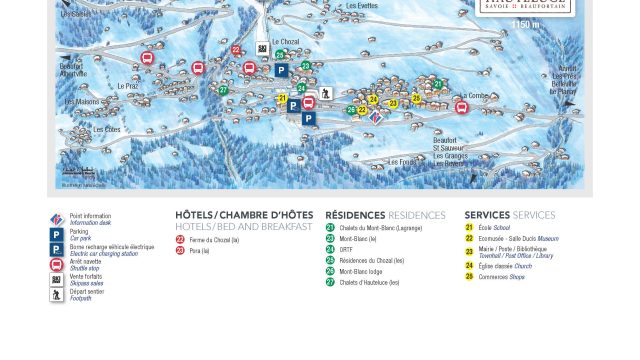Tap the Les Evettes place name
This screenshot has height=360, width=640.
[x=362, y=6]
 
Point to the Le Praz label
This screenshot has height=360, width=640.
[x=127, y=86]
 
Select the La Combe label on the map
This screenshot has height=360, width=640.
[x=474, y=95]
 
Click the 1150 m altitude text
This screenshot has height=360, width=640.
[x=525, y=24]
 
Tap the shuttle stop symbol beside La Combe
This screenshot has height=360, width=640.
[x=462, y=107]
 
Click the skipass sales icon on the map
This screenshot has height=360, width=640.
[x=262, y=48]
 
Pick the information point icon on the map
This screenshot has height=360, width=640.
[x=376, y=116]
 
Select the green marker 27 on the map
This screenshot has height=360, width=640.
[x=223, y=90]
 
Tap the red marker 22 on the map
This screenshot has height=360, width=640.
[x=236, y=49]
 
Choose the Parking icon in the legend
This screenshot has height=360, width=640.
[x=57, y=234]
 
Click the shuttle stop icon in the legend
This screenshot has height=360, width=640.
[x=57, y=264]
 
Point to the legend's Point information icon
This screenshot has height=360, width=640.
[x=57, y=219]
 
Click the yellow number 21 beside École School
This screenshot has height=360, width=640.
[x=469, y=227]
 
